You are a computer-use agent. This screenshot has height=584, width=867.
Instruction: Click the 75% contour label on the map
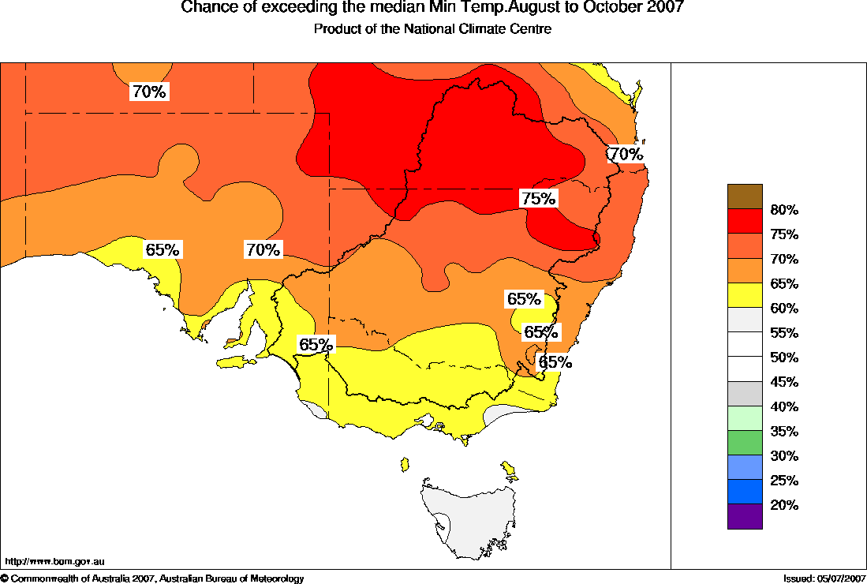[539, 199]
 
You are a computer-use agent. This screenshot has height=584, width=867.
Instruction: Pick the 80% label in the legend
[785, 210]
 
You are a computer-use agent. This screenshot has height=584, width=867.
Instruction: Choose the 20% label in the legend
[785, 505]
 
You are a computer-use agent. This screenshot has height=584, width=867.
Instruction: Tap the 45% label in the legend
[785, 382]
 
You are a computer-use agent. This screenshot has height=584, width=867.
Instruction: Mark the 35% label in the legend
[785, 432]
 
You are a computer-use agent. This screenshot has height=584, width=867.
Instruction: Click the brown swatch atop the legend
[745, 197]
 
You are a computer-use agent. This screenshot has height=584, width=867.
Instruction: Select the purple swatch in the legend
[745, 516]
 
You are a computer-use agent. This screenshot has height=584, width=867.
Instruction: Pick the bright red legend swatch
[745, 221]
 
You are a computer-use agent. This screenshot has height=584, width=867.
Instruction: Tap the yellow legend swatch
[745, 295]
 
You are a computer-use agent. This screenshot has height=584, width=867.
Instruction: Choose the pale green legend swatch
[745, 417]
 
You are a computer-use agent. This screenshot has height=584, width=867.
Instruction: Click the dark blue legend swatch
[745, 492]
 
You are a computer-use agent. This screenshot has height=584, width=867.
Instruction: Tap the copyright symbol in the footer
[5, 579]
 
